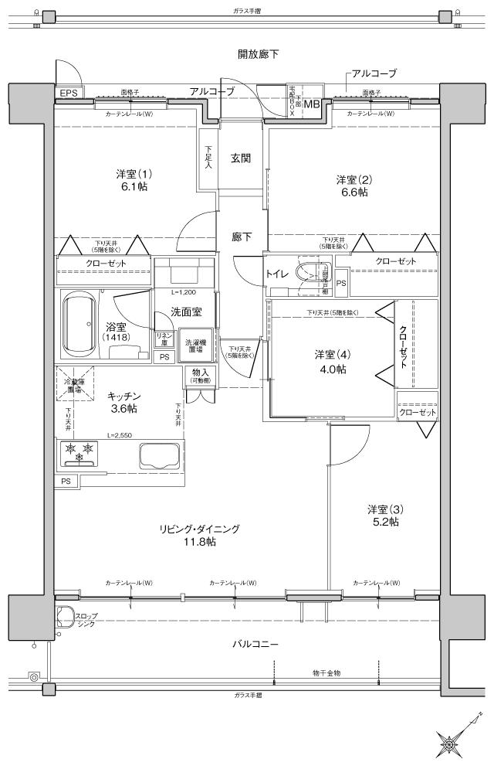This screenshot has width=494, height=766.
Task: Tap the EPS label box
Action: click(68, 93)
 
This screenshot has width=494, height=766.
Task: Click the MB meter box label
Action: click(311, 104)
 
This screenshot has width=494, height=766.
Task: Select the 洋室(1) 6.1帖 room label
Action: click(130, 180)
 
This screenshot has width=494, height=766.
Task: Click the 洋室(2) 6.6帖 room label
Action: click(352, 186)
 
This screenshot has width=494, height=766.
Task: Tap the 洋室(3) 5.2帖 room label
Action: click(383, 516)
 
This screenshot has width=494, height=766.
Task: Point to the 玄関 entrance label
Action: click(240, 158)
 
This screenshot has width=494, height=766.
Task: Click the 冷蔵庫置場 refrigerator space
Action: click(73, 384)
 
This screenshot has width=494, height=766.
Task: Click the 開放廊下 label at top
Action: click(258, 54)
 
